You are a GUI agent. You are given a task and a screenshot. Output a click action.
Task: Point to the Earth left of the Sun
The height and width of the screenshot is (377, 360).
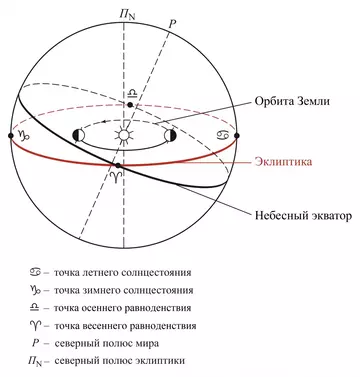click(x=81, y=134)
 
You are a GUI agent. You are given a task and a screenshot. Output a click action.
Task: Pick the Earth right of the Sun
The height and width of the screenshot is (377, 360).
click(x=170, y=134)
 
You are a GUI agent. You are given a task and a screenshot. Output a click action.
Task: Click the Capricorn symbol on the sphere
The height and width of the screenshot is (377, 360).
click(x=21, y=135)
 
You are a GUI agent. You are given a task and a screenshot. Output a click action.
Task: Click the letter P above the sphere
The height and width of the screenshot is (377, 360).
click(x=172, y=21)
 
